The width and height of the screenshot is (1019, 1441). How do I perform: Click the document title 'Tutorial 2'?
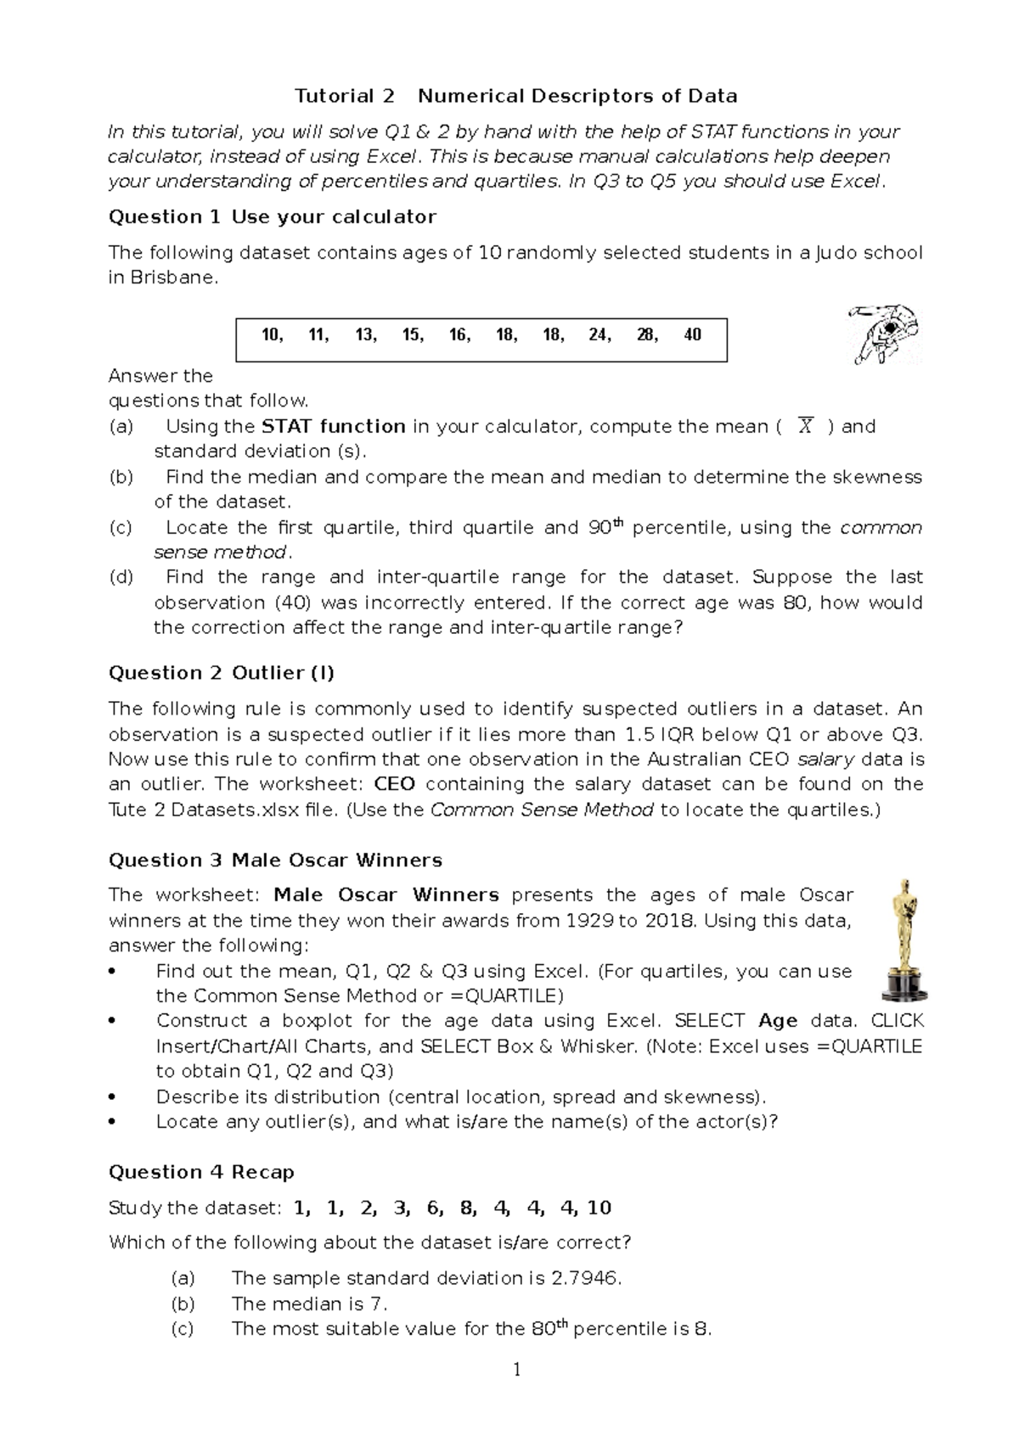click(x=344, y=96)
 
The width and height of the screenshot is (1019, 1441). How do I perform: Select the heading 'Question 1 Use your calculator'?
click(x=272, y=216)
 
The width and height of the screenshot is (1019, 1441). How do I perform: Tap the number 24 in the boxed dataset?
click(x=599, y=335)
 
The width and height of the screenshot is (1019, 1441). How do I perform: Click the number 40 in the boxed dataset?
click(x=692, y=335)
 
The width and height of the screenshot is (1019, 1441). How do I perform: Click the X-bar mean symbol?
click(x=805, y=427)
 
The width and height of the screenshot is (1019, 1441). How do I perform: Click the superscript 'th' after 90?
click(x=618, y=524)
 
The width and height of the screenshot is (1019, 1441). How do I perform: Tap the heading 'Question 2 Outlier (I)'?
click(x=221, y=673)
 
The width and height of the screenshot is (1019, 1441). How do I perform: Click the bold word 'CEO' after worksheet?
click(x=394, y=784)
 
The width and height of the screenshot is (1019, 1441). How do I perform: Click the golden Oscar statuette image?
click(x=904, y=939)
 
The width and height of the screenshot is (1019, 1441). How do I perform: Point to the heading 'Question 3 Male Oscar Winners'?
click(x=275, y=861)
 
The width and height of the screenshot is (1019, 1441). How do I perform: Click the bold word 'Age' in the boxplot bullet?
click(x=778, y=1021)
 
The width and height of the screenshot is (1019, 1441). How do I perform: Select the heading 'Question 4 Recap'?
click(x=201, y=1172)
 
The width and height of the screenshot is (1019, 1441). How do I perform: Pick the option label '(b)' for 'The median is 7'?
click(x=183, y=1304)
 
